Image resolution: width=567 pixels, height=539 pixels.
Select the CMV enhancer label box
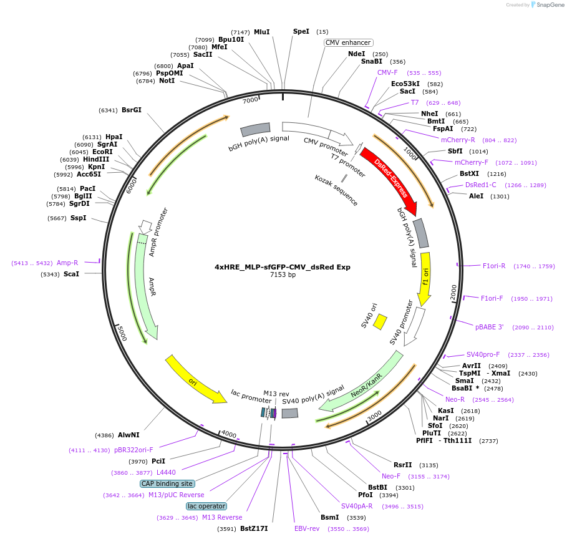(x=348, y=42)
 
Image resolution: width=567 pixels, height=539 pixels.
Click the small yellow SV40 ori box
(x=380, y=322)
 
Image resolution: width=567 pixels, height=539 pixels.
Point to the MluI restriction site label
(x=261, y=32)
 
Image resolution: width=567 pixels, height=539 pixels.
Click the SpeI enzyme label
(x=301, y=31)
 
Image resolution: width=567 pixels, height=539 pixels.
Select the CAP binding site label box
(x=167, y=483)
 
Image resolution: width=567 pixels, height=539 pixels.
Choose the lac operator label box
(x=206, y=506)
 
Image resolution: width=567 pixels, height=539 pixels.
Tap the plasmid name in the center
(x=283, y=267)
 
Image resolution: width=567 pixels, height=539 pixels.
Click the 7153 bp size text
(x=283, y=275)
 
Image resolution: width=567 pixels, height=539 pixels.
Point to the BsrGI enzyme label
(x=132, y=110)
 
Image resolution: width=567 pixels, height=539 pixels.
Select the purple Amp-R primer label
(x=67, y=263)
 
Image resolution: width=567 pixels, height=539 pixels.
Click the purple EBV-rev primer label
(x=307, y=528)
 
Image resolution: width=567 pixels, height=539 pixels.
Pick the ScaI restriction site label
(x=71, y=274)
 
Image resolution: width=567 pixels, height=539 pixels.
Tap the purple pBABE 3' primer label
(x=489, y=327)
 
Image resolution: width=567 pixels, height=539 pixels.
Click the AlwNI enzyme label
(x=130, y=435)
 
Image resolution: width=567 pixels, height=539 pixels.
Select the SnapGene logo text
(x=549, y=5)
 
